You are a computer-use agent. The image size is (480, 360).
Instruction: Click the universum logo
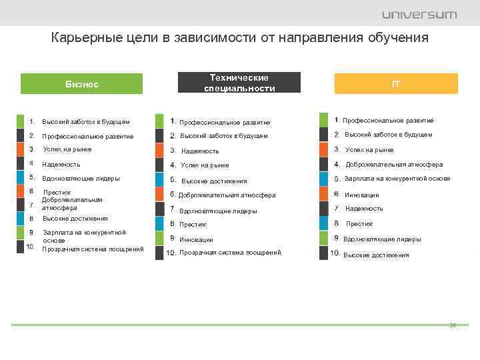(419, 14)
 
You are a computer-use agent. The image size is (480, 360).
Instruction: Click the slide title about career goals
(240, 38)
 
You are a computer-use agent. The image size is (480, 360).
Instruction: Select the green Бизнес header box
(82, 84)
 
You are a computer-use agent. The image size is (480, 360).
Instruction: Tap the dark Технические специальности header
(239, 83)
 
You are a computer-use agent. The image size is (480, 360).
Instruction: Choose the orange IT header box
(396, 84)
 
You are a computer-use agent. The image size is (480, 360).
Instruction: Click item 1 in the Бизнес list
(85, 122)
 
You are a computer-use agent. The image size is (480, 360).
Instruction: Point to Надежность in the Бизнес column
(61, 164)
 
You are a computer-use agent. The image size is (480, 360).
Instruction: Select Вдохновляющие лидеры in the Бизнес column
(81, 178)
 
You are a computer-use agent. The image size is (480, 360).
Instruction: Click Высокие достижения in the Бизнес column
(75, 219)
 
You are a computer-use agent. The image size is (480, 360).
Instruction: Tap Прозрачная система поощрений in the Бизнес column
(93, 249)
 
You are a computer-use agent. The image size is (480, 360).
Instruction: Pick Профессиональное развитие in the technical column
(225, 123)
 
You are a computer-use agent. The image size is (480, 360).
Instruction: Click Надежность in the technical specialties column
(200, 151)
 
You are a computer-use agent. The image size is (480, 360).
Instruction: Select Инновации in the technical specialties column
(196, 239)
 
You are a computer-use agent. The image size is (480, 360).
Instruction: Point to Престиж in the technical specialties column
(193, 225)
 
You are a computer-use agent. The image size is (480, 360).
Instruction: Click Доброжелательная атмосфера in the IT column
(393, 165)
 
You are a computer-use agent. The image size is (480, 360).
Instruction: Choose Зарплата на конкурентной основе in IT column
(397, 179)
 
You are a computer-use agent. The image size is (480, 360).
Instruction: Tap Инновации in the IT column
(361, 195)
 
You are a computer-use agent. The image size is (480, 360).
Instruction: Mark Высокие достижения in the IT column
(376, 255)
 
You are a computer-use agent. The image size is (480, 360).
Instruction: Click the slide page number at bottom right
(452, 325)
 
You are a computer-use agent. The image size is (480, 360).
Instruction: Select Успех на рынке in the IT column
(369, 150)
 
